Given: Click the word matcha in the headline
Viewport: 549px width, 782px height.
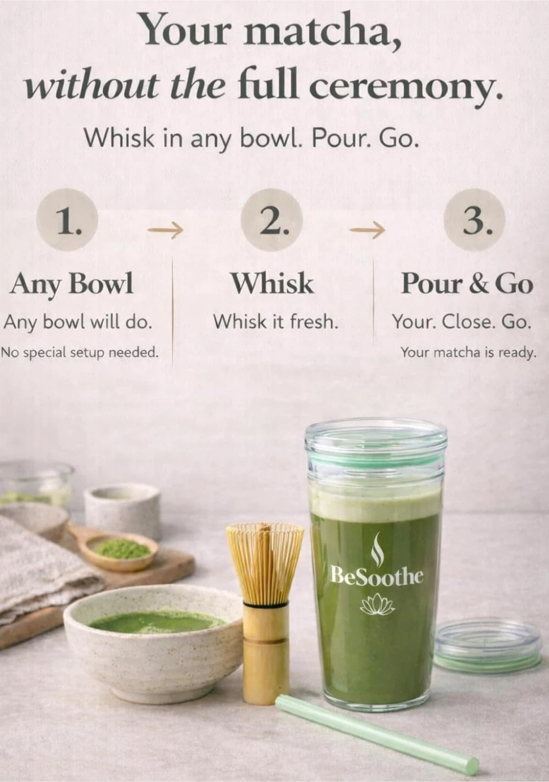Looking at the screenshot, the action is click(321, 32).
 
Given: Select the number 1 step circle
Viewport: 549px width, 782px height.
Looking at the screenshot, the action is click(67, 219).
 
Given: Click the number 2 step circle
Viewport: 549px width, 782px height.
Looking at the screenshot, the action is click(272, 219).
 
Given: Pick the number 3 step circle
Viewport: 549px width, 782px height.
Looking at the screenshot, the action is click(475, 219).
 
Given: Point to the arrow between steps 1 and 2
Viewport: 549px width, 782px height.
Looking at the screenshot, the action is click(165, 230).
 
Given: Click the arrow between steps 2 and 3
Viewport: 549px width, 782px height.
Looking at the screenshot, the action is click(367, 230).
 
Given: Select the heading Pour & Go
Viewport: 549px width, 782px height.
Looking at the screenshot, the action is click(467, 283).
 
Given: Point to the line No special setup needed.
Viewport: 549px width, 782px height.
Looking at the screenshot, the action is click(80, 353).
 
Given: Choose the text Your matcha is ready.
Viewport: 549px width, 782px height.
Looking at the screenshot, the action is click(468, 353).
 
